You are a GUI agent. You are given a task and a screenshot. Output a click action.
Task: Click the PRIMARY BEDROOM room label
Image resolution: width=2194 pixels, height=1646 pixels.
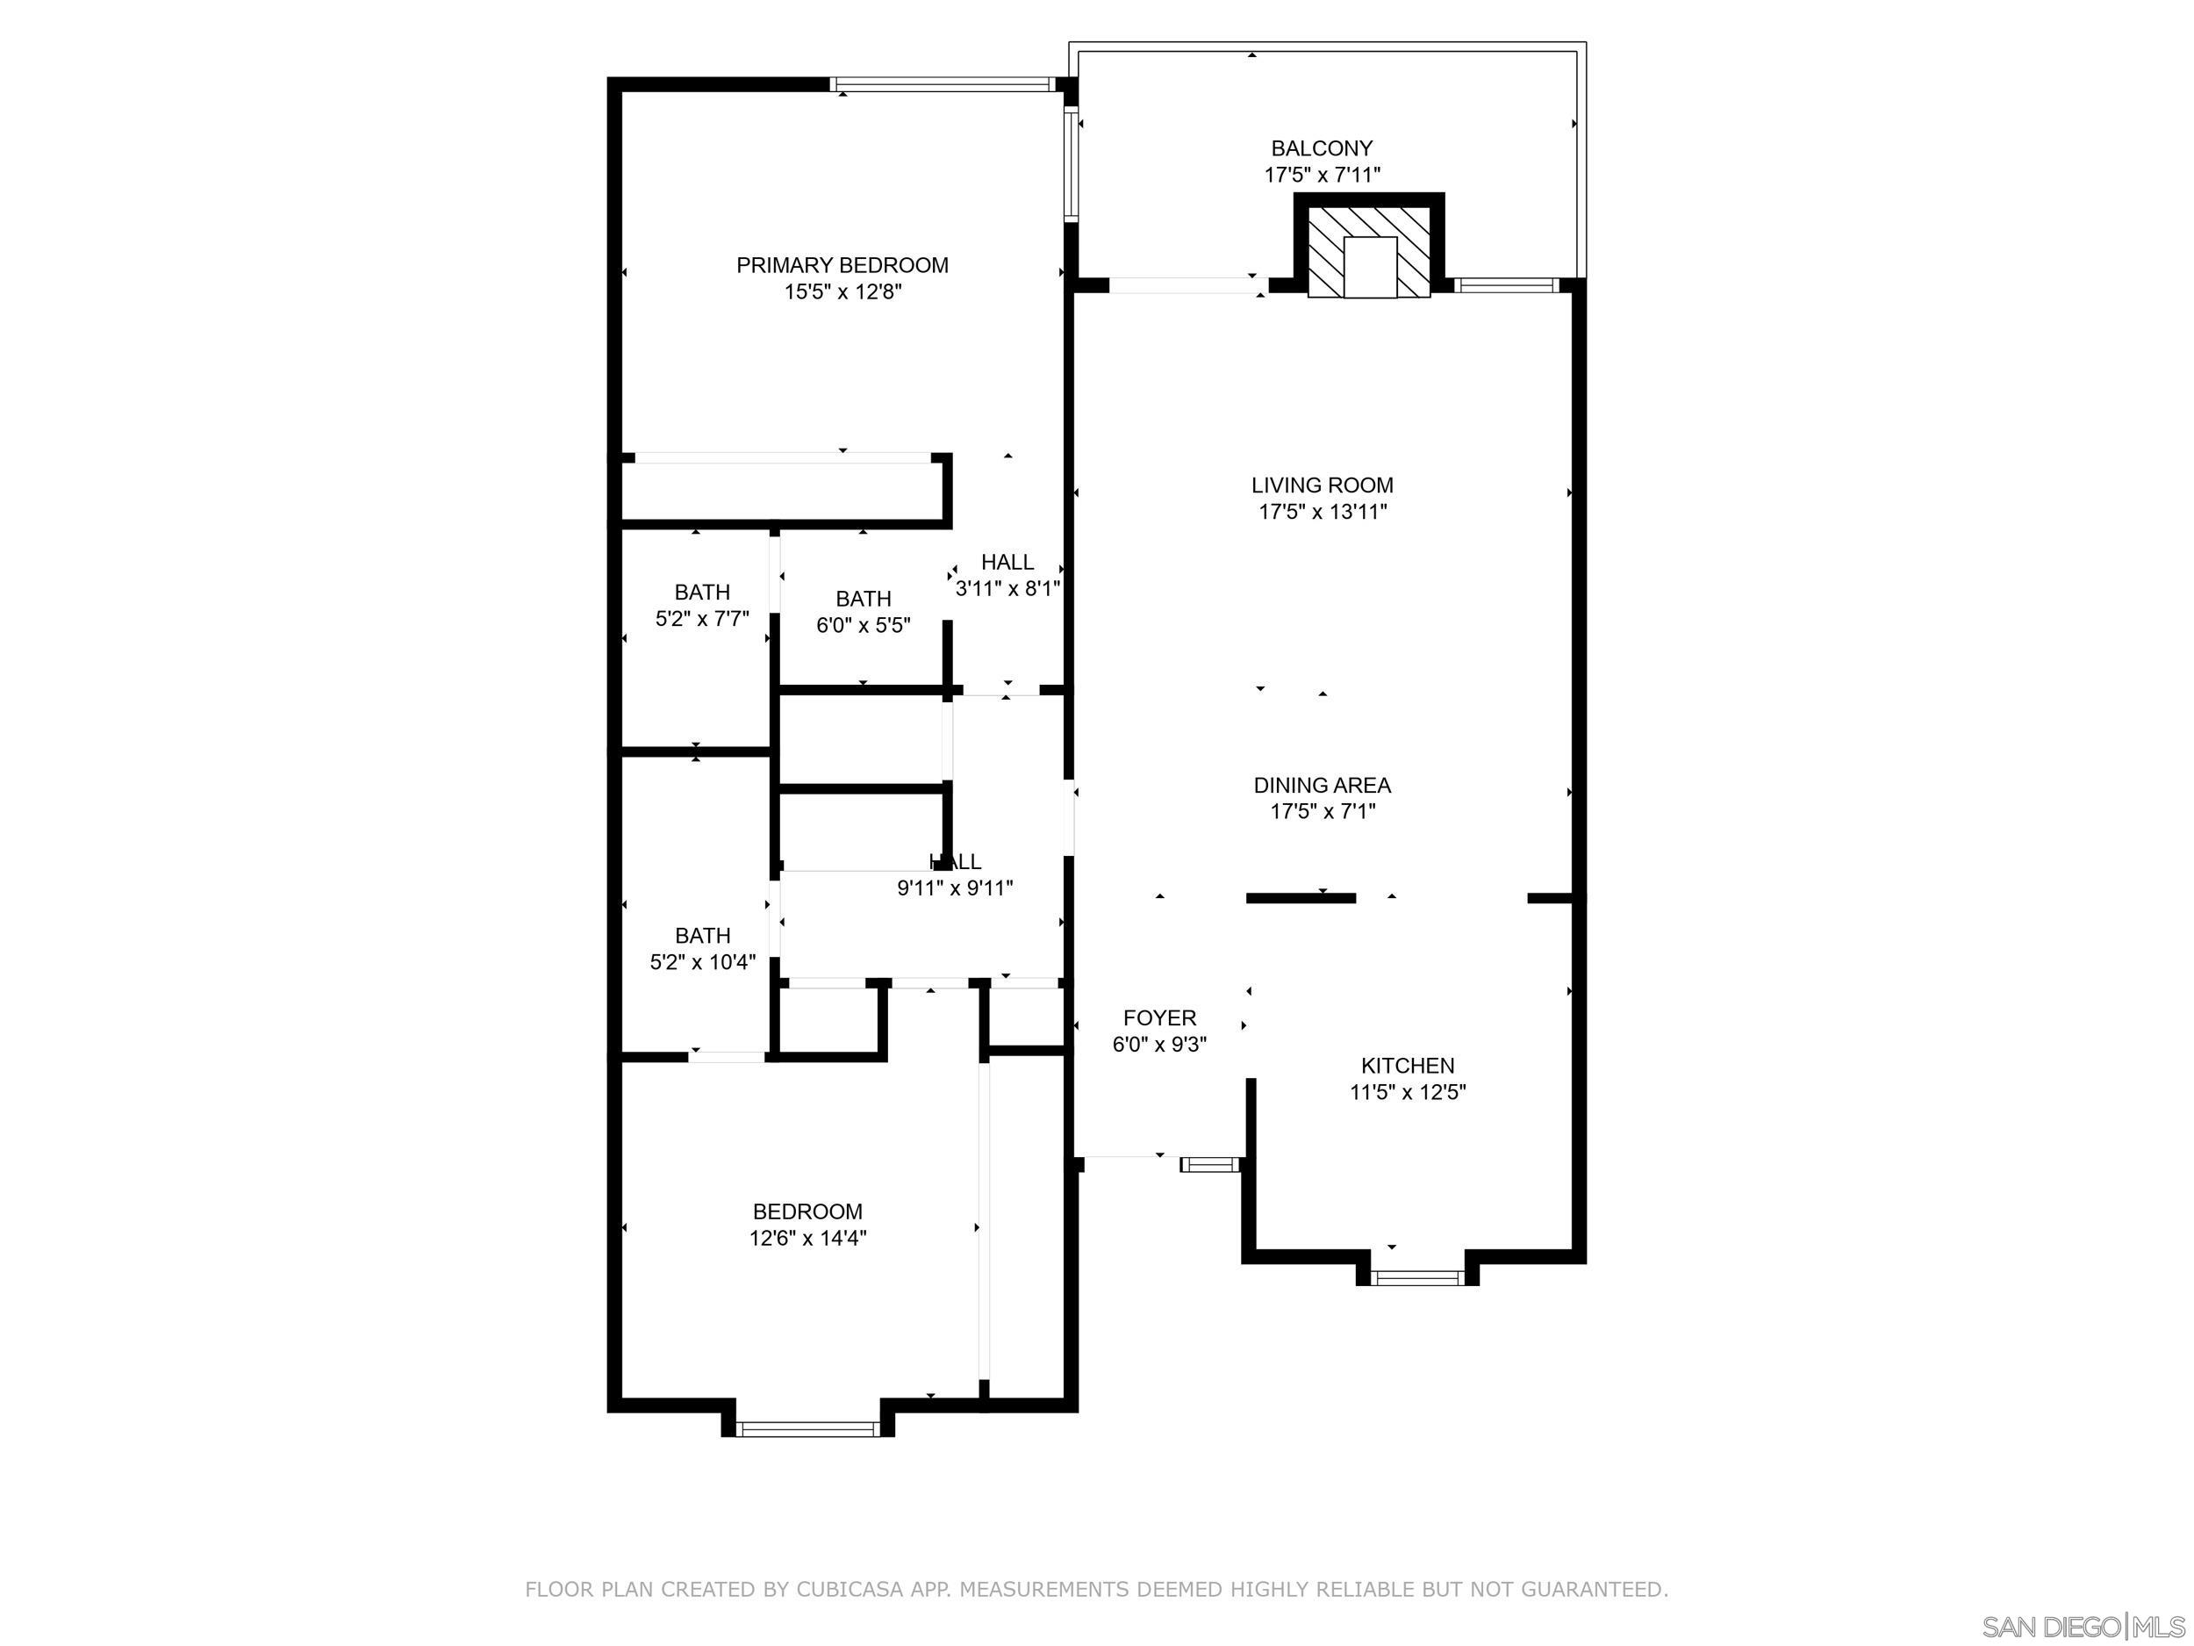point(842,265)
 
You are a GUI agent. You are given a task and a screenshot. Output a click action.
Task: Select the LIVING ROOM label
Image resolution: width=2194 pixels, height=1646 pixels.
point(1323,485)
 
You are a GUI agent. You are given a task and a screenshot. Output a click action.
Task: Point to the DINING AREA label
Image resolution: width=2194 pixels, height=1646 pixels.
point(1323,785)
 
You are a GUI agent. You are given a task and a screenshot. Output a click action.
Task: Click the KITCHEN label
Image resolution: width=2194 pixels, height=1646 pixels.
point(1408,1066)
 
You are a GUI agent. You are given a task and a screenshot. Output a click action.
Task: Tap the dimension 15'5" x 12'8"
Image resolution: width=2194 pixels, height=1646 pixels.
point(842,291)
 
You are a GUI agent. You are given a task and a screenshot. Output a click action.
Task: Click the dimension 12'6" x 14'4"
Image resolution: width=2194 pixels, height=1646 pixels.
point(807,1238)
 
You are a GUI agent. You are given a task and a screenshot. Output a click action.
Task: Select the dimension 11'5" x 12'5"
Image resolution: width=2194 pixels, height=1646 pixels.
point(1408,1092)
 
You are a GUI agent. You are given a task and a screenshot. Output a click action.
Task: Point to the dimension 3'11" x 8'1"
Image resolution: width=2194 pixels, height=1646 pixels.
point(1007,588)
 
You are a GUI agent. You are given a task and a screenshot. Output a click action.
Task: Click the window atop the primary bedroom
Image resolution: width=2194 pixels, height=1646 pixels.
point(943,84)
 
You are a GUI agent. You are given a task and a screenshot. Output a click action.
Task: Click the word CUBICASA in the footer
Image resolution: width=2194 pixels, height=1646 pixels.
point(850,1590)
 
